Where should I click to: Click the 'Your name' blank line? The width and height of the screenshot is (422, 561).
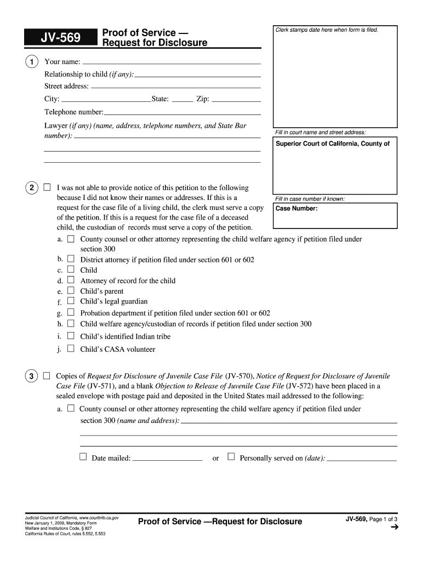(x=172, y=62)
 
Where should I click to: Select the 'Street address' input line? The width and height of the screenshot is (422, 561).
(x=175, y=87)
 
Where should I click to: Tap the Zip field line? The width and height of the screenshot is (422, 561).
(x=236, y=101)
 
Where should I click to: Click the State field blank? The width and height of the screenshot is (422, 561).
(x=182, y=101)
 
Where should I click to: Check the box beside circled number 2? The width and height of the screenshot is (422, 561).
(x=47, y=187)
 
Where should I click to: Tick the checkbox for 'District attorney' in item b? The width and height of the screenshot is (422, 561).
(x=71, y=259)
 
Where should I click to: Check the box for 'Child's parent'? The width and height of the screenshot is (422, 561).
(x=71, y=290)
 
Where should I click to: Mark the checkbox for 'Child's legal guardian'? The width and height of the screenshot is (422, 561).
(x=71, y=301)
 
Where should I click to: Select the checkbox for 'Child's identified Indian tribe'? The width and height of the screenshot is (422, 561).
(x=71, y=335)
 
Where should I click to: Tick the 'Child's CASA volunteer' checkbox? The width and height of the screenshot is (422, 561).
(x=71, y=348)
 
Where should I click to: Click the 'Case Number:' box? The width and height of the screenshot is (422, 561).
(x=336, y=215)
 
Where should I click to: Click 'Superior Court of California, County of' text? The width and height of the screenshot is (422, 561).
(x=333, y=144)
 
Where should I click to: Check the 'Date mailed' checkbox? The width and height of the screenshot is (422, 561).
(x=83, y=456)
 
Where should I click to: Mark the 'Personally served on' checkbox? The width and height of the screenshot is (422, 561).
(x=231, y=456)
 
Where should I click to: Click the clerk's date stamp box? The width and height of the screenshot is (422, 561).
(x=335, y=77)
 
